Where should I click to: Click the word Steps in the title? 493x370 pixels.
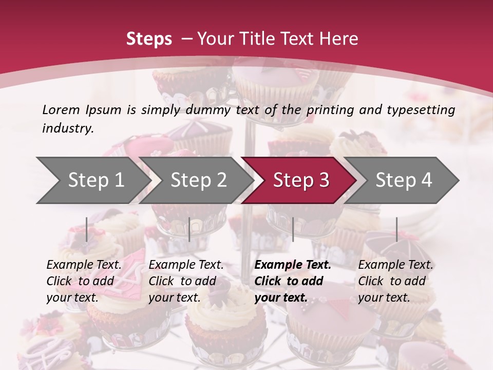point(149,39)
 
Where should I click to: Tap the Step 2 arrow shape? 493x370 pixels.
point(198,180)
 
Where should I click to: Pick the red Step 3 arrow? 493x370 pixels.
point(301,180)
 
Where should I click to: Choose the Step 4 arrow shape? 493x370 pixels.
point(404,180)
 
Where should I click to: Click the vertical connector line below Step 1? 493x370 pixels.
point(87,229)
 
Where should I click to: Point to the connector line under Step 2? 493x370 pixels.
point(189,229)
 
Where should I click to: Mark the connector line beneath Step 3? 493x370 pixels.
point(293,229)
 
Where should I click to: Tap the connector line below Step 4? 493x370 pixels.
point(396,229)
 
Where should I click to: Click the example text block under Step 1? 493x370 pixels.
point(84,281)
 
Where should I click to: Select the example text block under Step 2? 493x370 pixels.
point(186,281)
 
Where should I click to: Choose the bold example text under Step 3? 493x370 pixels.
point(293,281)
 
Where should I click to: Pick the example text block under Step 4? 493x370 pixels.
point(395,281)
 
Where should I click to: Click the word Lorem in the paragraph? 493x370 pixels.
point(61,109)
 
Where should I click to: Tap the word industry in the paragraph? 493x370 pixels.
point(68,128)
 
